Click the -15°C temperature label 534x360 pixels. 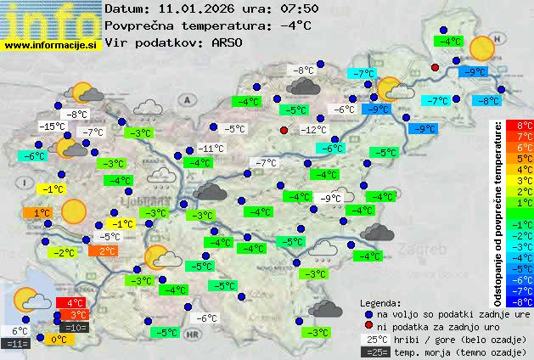click(53, 127)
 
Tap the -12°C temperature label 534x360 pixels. click(313, 130)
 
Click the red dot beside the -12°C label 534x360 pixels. click(284, 130)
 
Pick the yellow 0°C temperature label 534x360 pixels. click(60, 340)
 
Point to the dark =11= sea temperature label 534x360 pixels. click(17, 344)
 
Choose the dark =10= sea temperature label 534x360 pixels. click(75, 327)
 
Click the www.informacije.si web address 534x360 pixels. click(51, 43)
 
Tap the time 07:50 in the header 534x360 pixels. click(301, 8)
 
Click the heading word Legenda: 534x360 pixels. click(380, 303)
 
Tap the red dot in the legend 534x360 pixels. click(367, 325)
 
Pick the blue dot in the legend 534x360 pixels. click(367, 313)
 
